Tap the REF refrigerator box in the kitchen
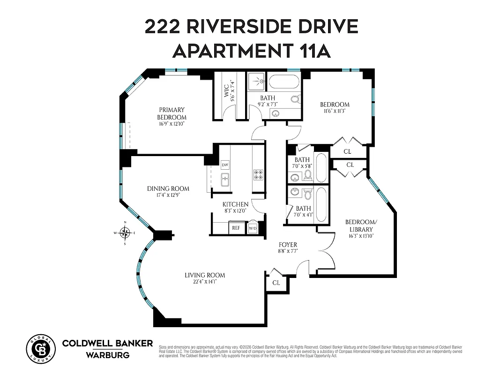236,228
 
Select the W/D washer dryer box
253,228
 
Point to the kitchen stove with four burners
258,175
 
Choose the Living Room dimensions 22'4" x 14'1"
204,282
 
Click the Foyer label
288,245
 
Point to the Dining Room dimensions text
168,195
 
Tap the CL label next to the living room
276,283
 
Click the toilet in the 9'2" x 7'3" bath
295,100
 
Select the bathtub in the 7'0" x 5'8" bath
321,168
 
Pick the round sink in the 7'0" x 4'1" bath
295,192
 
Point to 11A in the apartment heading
313,51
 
